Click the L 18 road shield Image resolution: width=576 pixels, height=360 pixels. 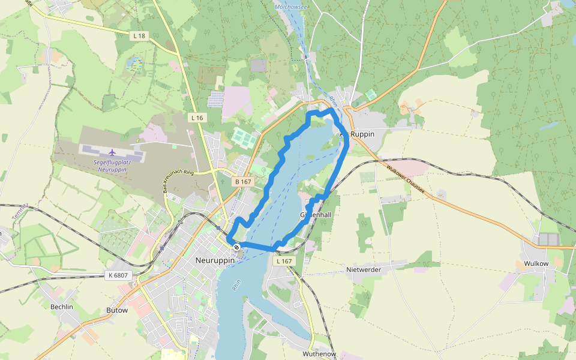coord(139,36)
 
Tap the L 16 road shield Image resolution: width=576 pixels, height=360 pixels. coord(197,118)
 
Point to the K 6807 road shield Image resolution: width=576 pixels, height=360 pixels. coord(118,275)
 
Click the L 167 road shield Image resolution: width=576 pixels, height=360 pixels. coord(284,262)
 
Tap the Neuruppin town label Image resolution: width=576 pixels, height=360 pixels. coord(214,260)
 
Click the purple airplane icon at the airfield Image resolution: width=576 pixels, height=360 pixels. coord(112,152)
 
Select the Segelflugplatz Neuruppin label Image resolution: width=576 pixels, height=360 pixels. coord(112,166)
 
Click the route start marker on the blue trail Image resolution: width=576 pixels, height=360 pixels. coord(237,247)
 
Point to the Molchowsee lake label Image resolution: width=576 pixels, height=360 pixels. coord(290,7)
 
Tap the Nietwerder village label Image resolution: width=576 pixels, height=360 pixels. coord(364,270)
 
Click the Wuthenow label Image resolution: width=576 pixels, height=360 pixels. coord(319,354)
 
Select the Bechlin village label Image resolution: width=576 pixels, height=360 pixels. coord(62,307)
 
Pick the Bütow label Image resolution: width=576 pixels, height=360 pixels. coord(117,310)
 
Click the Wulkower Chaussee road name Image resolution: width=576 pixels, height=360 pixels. coord(405,178)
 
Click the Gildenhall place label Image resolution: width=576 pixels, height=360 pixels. coord(316,214)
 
